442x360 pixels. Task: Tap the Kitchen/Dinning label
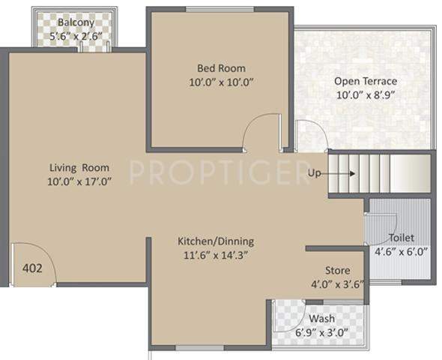216,241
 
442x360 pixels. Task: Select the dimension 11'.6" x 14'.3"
216,254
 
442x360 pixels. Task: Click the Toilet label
402,238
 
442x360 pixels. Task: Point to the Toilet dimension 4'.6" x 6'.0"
402,251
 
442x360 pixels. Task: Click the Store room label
336,270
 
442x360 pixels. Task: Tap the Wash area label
322,319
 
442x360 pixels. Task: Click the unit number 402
32,267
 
